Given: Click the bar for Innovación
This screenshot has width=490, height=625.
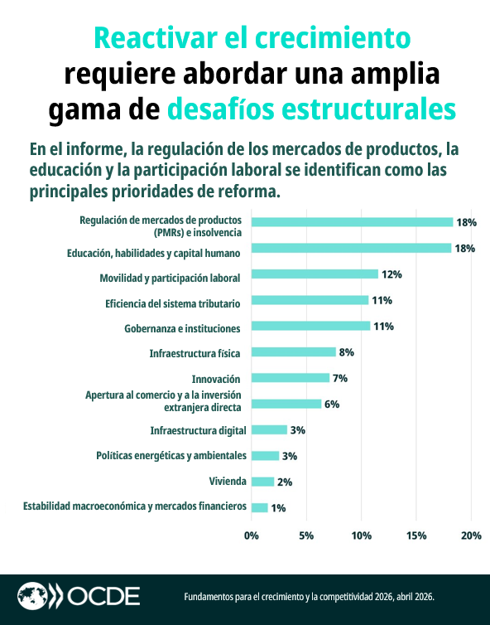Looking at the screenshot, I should click(290, 378).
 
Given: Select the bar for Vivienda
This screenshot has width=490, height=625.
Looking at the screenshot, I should click(262, 482).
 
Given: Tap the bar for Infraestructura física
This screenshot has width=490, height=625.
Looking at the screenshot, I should click(293, 352).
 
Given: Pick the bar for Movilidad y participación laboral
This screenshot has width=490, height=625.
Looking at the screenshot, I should click(315, 274).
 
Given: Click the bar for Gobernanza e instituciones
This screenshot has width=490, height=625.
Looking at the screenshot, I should click(310, 326).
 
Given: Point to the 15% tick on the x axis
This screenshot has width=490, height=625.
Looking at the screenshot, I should click(416, 535).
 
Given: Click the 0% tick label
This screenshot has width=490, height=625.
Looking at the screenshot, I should click(252, 535).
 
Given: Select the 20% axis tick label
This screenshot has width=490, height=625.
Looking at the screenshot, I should click(471, 535).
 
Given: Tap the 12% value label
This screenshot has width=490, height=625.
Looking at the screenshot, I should click(391, 274).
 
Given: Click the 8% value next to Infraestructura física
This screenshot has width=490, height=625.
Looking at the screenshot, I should click(346, 352).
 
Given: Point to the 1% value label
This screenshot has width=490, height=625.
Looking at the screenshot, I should click(278, 508).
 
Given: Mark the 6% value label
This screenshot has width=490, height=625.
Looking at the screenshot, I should click(331, 405).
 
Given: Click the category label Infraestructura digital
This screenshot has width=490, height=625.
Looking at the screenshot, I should click(198, 430).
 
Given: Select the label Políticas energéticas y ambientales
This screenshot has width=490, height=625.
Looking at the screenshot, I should click(171, 456).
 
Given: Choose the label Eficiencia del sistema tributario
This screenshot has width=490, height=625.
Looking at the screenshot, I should click(173, 300).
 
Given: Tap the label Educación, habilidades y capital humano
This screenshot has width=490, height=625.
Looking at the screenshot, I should click(154, 252).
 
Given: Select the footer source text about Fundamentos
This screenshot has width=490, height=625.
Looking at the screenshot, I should click(308, 597).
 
